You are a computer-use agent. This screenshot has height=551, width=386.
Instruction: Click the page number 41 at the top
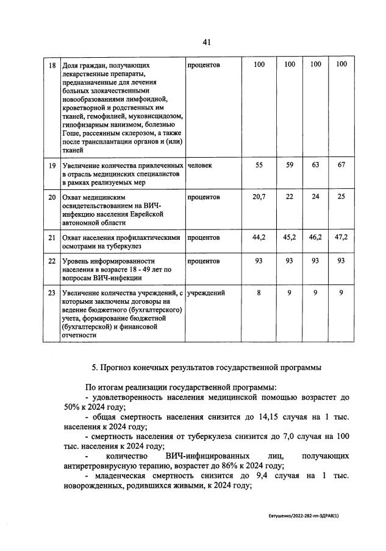tap(206, 42)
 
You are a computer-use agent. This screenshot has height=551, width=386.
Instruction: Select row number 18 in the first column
tap(52, 65)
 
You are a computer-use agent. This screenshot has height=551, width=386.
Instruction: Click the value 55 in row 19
tap(259, 166)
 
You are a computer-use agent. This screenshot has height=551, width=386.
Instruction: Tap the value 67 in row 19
tap(341, 166)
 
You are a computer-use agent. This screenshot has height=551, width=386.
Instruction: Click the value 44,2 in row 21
tap(259, 237)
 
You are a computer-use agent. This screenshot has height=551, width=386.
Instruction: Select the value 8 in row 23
tap(259, 293)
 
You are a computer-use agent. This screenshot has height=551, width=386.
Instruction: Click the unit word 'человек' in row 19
tap(200, 166)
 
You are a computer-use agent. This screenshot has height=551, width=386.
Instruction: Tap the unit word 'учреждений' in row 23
tap(206, 293)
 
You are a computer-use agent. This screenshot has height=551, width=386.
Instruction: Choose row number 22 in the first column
tap(52, 261)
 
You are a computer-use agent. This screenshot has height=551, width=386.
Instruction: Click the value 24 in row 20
tap(315, 197)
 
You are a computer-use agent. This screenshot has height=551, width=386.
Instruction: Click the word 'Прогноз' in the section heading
tap(119, 368)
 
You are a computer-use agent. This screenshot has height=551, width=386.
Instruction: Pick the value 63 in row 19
tap(315, 166)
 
